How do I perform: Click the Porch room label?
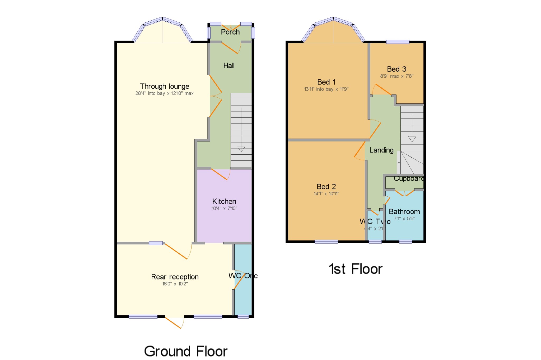[230, 32]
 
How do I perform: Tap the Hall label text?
[229, 65]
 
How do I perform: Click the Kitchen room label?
[224, 201]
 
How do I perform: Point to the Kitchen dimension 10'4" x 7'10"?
[224, 208]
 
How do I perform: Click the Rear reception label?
[175, 277]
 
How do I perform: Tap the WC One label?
[243, 276]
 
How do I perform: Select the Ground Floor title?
[185, 351]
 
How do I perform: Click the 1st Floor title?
[355, 269]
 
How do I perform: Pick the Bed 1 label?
[326, 82]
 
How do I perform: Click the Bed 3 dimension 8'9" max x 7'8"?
[397, 76]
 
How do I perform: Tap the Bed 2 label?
[326, 187]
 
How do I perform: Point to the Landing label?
[381, 150]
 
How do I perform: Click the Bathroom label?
[404, 211]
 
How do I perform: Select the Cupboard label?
[408, 179]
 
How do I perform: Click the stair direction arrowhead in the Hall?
[241, 149]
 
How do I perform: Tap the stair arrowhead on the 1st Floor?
[412, 139]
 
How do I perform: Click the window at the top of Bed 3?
[398, 42]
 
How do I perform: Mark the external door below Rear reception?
[175, 322]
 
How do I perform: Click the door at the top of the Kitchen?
[220, 174]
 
